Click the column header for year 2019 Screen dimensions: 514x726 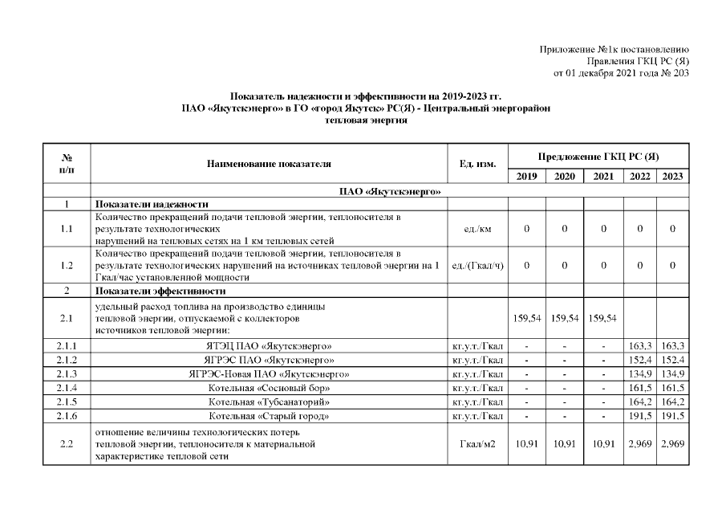point(526,177)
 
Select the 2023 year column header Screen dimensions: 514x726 point(672,177)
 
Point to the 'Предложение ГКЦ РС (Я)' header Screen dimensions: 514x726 point(598,156)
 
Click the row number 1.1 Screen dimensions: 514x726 point(67,229)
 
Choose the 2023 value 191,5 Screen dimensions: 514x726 point(672,415)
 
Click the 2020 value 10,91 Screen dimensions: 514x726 point(565,444)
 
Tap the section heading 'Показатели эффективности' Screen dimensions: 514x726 point(160,291)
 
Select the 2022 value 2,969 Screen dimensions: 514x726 point(640,444)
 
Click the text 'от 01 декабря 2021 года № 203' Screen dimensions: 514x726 point(620,74)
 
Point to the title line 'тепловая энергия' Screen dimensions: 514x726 point(366,120)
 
